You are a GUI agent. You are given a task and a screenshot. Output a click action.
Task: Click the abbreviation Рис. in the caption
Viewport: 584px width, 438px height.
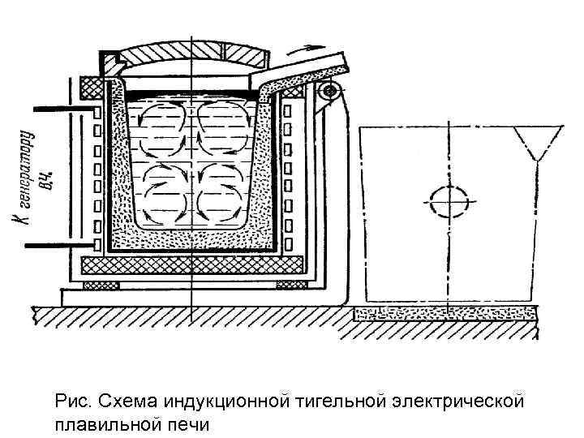(71, 401)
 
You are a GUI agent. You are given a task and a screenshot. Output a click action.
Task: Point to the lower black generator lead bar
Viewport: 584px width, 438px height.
(56, 244)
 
